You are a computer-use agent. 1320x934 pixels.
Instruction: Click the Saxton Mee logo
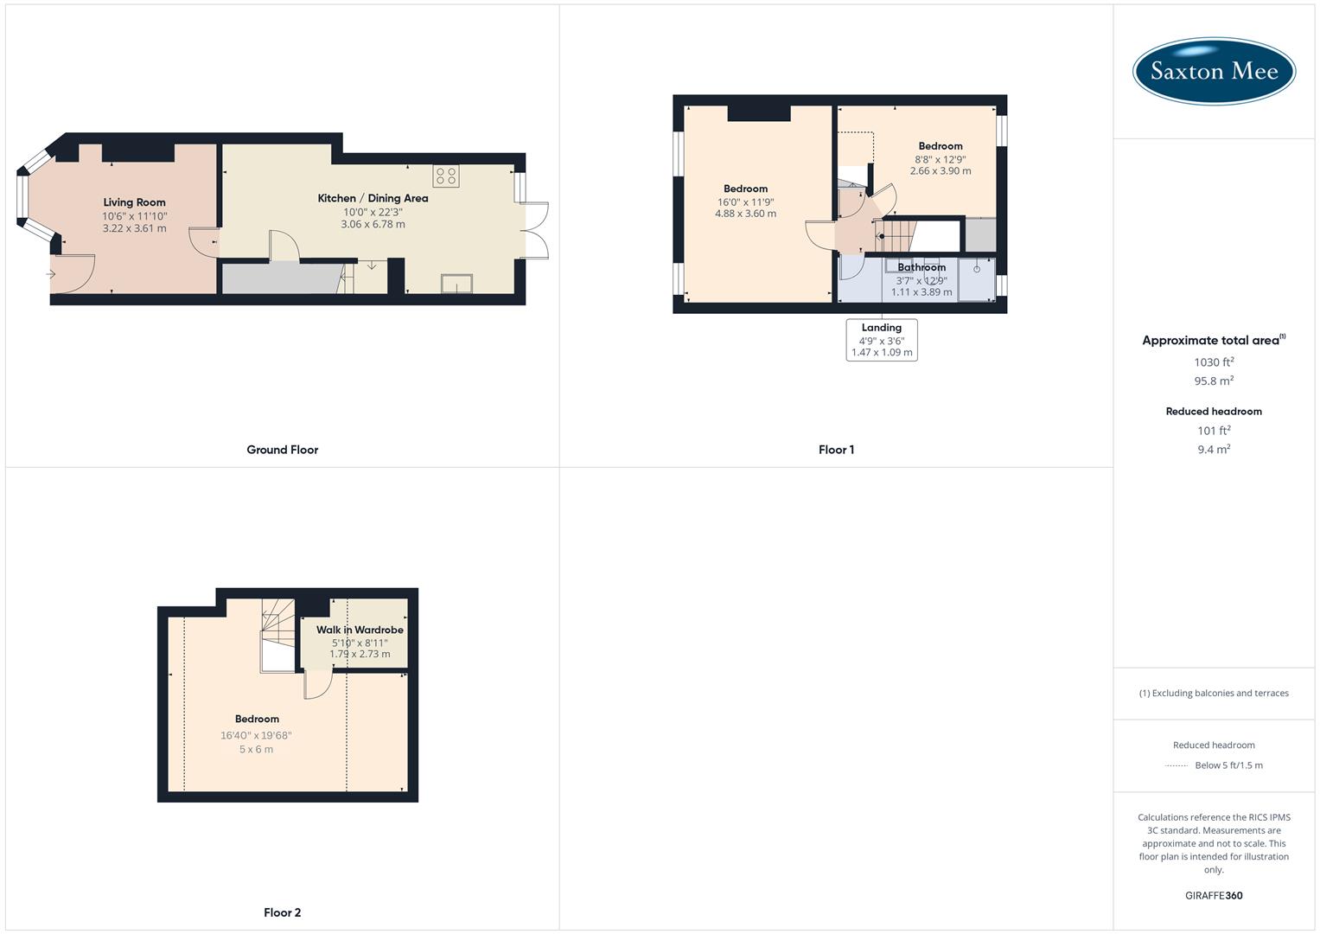(x=1214, y=71)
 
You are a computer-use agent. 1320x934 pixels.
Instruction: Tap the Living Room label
(x=134, y=202)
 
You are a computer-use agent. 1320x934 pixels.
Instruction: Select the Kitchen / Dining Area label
(x=373, y=198)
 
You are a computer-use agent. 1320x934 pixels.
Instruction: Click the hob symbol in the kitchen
(x=447, y=176)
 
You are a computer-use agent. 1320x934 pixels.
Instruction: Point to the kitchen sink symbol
(x=456, y=284)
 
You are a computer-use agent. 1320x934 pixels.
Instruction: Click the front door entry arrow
(x=51, y=274)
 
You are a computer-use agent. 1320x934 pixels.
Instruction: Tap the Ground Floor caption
(x=283, y=450)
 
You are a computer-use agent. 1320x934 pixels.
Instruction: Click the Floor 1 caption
(x=836, y=450)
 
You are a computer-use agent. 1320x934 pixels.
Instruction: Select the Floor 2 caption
(x=283, y=912)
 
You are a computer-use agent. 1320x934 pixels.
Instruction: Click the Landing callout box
(x=882, y=340)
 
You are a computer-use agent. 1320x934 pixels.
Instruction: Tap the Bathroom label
(x=921, y=267)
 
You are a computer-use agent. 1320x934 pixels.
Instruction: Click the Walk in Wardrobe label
(x=360, y=630)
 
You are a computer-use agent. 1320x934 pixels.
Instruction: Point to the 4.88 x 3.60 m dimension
(x=745, y=214)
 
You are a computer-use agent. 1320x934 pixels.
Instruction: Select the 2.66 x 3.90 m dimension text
(x=941, y=171)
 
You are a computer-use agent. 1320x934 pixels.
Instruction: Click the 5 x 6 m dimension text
(x=257, y=750)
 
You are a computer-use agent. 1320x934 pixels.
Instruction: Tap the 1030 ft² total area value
(x=1214, y=362)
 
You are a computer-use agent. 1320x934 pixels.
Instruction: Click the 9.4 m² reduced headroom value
(x=1214, y=450)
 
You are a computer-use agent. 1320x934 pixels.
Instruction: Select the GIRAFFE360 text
(x=1214, y=896)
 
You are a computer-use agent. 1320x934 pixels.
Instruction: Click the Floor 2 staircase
(x=278, y=636)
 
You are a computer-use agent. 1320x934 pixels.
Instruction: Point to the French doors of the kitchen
(x=537, y=231)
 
